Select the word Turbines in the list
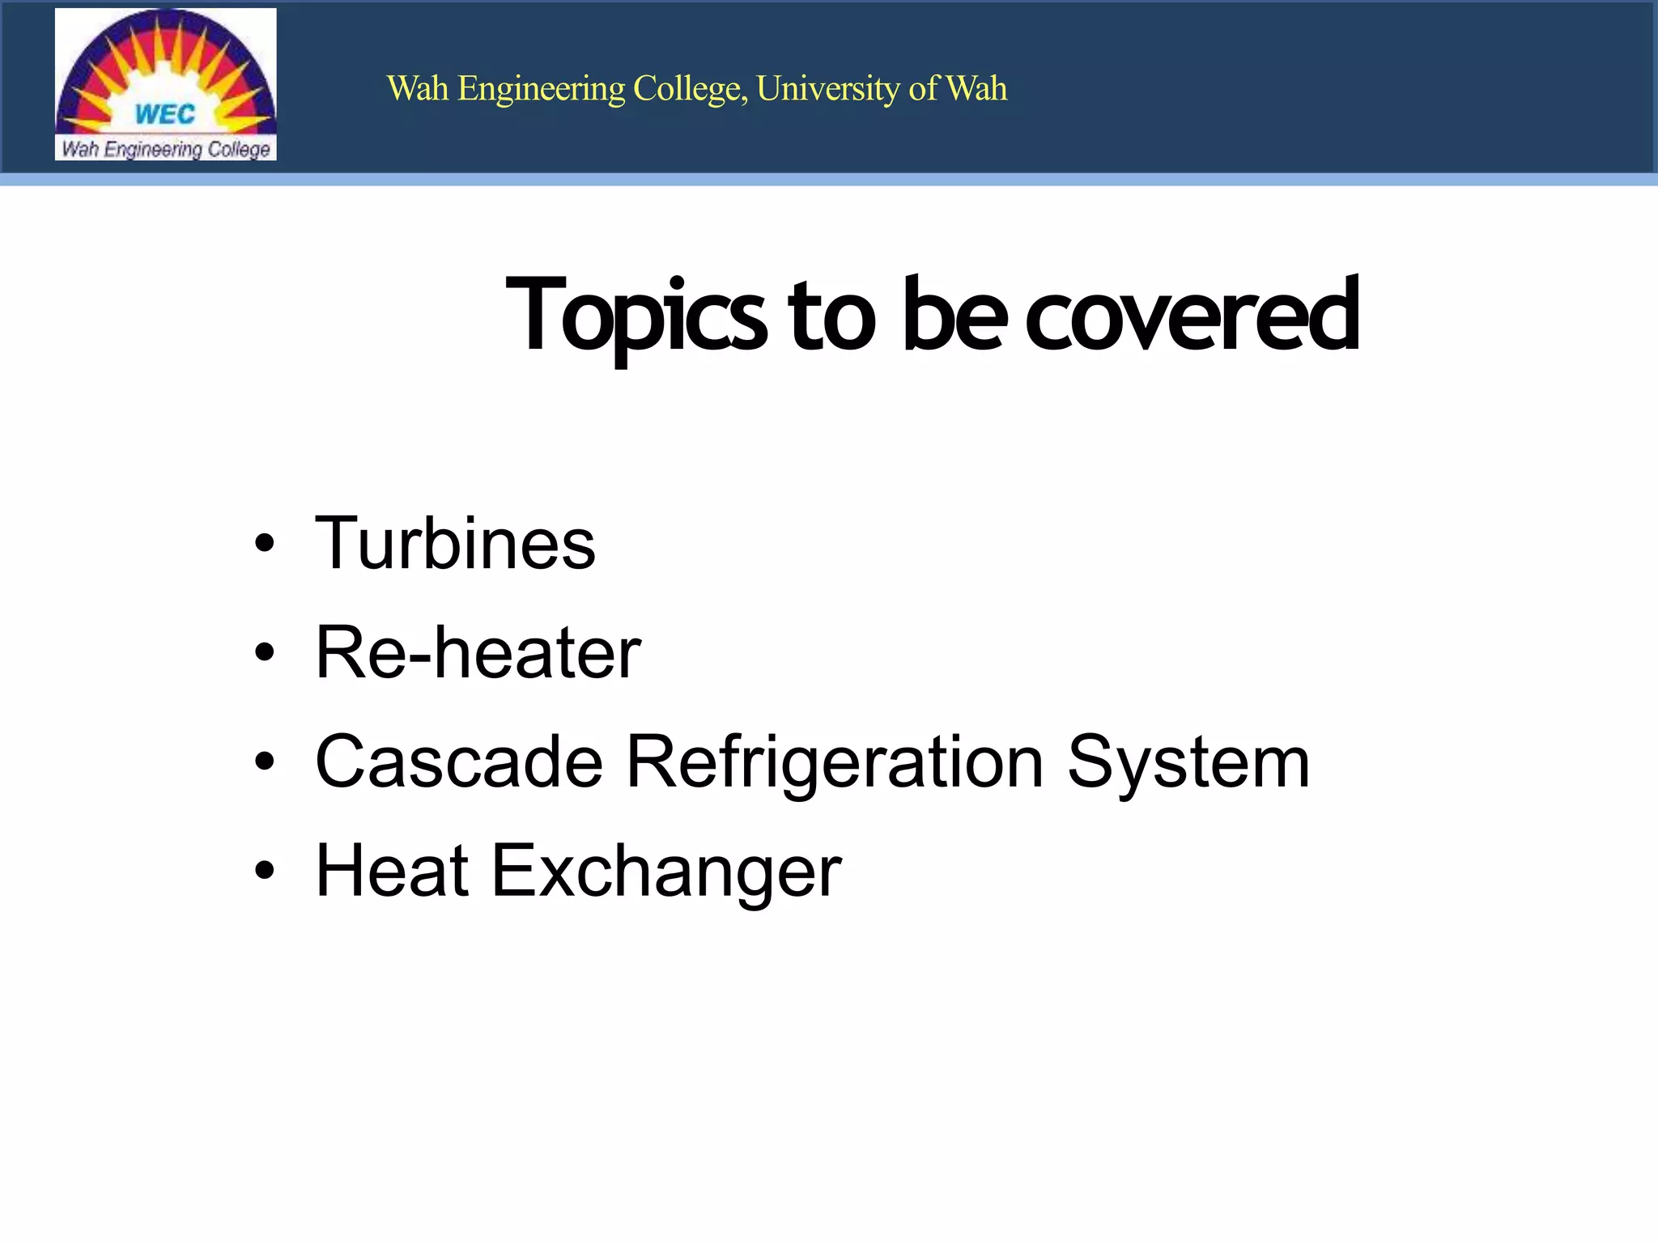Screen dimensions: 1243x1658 [455, 543]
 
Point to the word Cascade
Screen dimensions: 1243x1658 [459, 761]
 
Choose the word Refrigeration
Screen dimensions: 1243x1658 [835, 761]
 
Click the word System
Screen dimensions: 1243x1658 [1188, 761]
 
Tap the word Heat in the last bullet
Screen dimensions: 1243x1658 [392, 871]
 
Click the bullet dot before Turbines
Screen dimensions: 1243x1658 [265, 544]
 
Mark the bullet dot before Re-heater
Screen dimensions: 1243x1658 [265, 652]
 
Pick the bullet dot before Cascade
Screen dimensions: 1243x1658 [265, 761]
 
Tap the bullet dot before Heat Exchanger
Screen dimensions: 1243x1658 [265, 871]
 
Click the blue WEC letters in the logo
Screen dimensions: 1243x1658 [165, 114]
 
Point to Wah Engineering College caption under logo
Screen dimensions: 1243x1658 [166, 149]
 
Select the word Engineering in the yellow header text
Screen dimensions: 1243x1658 [541, 89]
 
